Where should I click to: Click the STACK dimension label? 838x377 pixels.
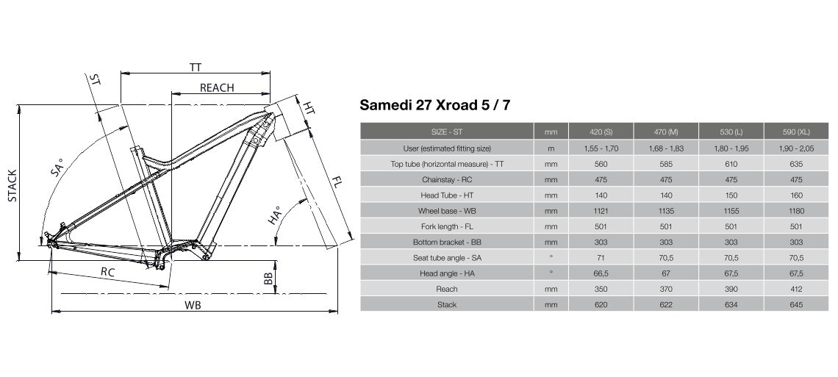pos(12,187)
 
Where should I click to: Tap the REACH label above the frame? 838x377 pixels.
pos(217,87)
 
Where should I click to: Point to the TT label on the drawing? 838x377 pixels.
pos(196,68)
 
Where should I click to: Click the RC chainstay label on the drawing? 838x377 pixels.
pos(108,272)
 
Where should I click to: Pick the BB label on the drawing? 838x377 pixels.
pos(269,278)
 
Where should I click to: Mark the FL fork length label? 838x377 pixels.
pos(337,182)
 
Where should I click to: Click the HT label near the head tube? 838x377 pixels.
pos(309,107)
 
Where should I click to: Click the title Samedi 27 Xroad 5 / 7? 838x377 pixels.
pos(435,104)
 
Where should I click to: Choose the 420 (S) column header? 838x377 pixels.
pos(601,132)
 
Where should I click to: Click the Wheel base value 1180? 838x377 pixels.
pos(796,211)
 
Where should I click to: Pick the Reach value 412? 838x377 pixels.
pos(796,289)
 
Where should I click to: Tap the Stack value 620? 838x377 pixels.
pos(601,305)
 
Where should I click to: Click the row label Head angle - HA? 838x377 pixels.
pos(447,273)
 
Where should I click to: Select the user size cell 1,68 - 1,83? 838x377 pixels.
pos(667,148)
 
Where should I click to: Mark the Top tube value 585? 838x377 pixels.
pos(666,164)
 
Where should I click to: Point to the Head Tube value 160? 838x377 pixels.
pos(796,195)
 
